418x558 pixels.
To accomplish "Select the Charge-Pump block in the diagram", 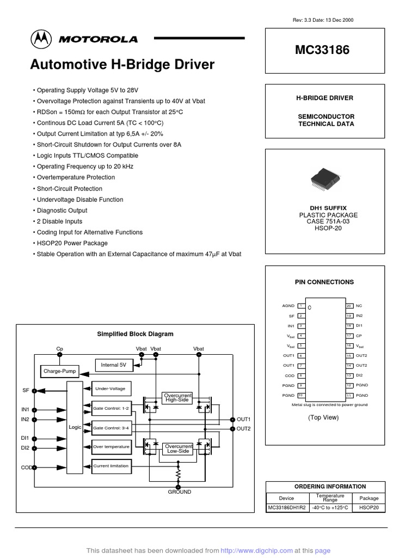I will pos(60,372).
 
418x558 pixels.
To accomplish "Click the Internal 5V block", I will pos(114,365).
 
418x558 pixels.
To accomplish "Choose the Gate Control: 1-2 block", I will pos(111,408).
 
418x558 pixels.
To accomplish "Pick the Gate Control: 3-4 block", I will pos(111,428).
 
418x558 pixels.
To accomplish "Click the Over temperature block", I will pos(111,447).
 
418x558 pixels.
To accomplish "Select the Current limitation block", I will pos(111,466).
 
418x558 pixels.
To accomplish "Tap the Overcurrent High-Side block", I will pos(177,397).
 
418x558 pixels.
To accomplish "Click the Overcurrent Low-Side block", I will pos(179,448).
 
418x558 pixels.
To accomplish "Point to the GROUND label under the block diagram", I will pos(179,492).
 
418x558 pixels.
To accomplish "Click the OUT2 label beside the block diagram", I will pos(243,429).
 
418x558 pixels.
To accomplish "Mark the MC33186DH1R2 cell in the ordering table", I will pos(287,507).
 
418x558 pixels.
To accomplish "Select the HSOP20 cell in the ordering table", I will pos(369,507).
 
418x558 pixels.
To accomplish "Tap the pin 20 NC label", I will pos(359,306).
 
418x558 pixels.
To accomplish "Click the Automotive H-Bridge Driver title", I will pos(122,65).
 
